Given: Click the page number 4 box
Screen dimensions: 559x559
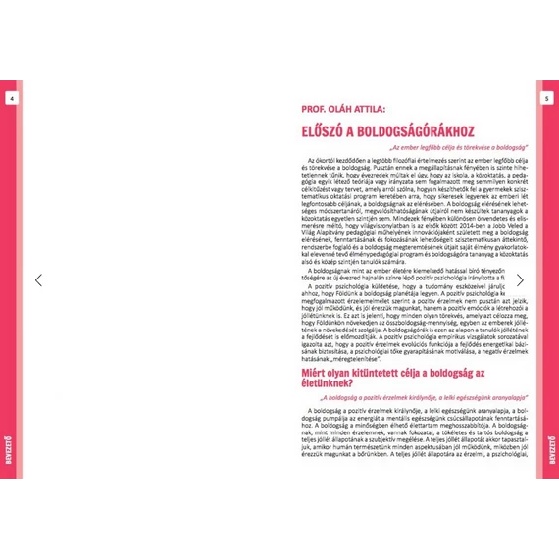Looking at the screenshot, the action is [x=10, y=99].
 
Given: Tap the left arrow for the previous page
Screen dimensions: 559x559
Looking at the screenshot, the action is [x=38, y=280].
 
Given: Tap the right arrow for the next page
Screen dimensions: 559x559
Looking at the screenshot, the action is [x=520, y=280].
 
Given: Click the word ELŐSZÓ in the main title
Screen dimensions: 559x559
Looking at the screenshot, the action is [x=326, y=129].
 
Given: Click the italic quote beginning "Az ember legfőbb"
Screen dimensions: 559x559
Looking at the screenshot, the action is [x=452, y=146].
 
